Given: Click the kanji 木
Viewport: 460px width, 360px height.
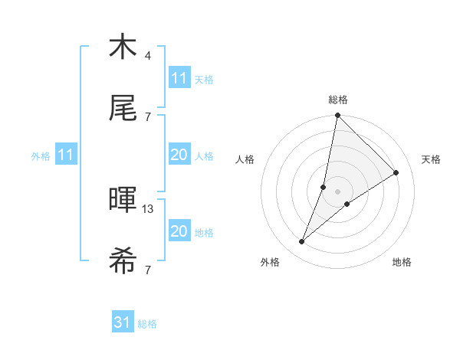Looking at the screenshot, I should (123, 47).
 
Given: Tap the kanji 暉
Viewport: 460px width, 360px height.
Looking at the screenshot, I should (123, 200).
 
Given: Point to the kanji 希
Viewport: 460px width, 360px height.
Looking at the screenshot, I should (123, 261).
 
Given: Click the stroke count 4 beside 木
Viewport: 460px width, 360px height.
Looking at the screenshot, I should (147, 56).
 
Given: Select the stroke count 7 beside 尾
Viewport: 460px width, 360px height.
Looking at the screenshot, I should (147, 116).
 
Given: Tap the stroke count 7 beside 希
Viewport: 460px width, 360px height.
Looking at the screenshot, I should (147, 270).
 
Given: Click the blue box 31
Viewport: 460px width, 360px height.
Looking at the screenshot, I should (123, 323).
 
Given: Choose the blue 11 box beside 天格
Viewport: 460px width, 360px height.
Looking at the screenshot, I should (179, 78).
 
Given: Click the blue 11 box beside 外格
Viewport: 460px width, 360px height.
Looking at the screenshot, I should (66, 155).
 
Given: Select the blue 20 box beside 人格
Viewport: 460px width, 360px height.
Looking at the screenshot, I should (179, 155).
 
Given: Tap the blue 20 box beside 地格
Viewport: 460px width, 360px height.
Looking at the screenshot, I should (179, 231).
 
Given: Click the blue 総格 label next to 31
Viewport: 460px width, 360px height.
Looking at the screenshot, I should (147, 324).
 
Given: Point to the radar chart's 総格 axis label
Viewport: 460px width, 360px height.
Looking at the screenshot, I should (338, 100).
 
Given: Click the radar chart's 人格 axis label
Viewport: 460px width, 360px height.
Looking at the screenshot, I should (245, 159).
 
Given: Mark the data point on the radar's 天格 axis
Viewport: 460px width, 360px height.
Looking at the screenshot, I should (396, 172).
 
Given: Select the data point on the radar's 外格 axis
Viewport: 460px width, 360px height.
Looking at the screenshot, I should (302, 242).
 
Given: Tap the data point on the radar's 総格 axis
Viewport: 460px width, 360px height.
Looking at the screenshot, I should (337, 116).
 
